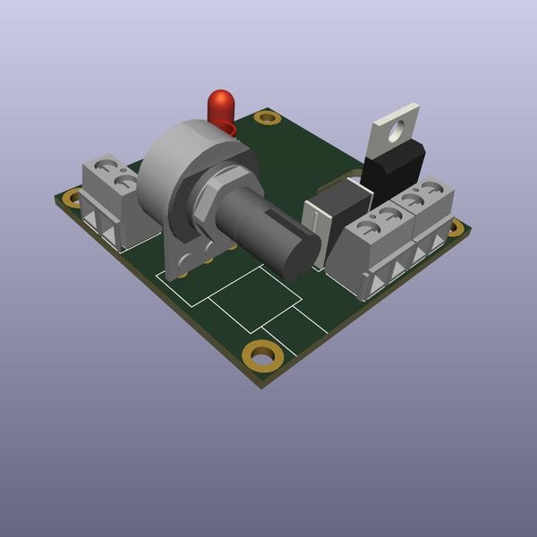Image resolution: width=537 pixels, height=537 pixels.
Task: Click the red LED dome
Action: coord(219,105)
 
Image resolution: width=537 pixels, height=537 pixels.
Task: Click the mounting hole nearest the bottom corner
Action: coord(263,355)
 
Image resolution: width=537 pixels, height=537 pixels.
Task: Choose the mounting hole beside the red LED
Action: coord(267,117)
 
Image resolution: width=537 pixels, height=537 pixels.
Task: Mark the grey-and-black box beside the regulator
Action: coord(336,215)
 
